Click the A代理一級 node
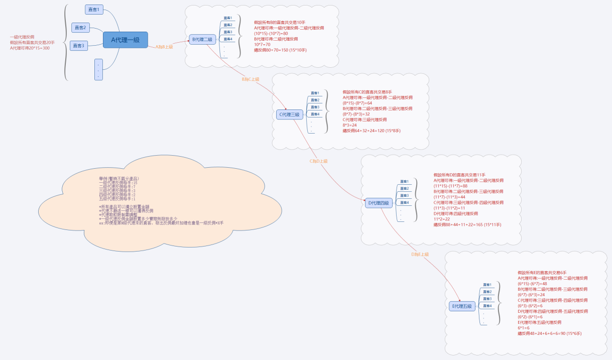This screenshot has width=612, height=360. [125, 40]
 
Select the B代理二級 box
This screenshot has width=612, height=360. [203, 39]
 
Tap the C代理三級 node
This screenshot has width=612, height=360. [290, 114]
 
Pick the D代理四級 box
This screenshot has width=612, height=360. [379, 203]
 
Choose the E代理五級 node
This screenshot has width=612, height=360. [462, 306]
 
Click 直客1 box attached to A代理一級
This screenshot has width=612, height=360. [94, 10]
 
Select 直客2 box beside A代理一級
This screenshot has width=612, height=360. [80, 28]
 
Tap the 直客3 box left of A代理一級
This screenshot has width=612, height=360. [79, 46]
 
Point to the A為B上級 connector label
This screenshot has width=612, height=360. [164, 47]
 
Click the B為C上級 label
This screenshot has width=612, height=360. [251, 79]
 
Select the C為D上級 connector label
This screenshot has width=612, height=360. [318, 161]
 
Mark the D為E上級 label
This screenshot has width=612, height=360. [420, 255]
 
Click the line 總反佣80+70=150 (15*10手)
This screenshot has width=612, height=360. [280, 50]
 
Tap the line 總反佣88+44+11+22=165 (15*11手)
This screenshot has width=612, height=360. [467, 225]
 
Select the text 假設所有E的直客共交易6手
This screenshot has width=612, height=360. [542, 272]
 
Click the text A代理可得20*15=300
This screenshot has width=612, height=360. [30, 48]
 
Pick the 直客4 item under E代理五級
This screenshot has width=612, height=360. [486, 306]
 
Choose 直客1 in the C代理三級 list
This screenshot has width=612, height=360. [315, 93]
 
